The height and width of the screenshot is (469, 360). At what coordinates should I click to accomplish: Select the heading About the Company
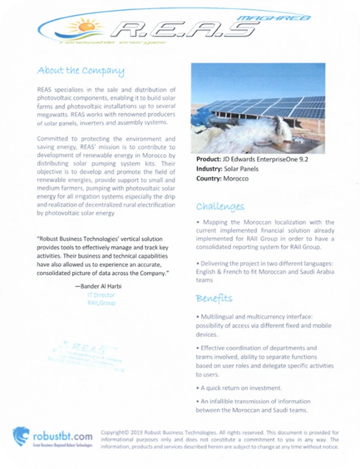click(x=81, y=71)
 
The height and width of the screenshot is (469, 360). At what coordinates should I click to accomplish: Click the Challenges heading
click(x=220, y=206)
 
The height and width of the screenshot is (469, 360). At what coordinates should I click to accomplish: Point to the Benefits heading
click(x=214, y=298)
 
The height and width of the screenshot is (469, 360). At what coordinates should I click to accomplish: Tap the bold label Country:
click(x=210, y=178)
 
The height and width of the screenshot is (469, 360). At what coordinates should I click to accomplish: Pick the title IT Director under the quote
click(x=101, y=295)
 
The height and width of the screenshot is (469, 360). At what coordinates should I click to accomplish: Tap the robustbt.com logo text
click(x=62, y=436)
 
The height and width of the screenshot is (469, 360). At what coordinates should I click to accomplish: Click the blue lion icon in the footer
click(x=21, y=436)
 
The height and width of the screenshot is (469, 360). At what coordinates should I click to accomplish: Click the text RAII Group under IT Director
click(x=101, y=304)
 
